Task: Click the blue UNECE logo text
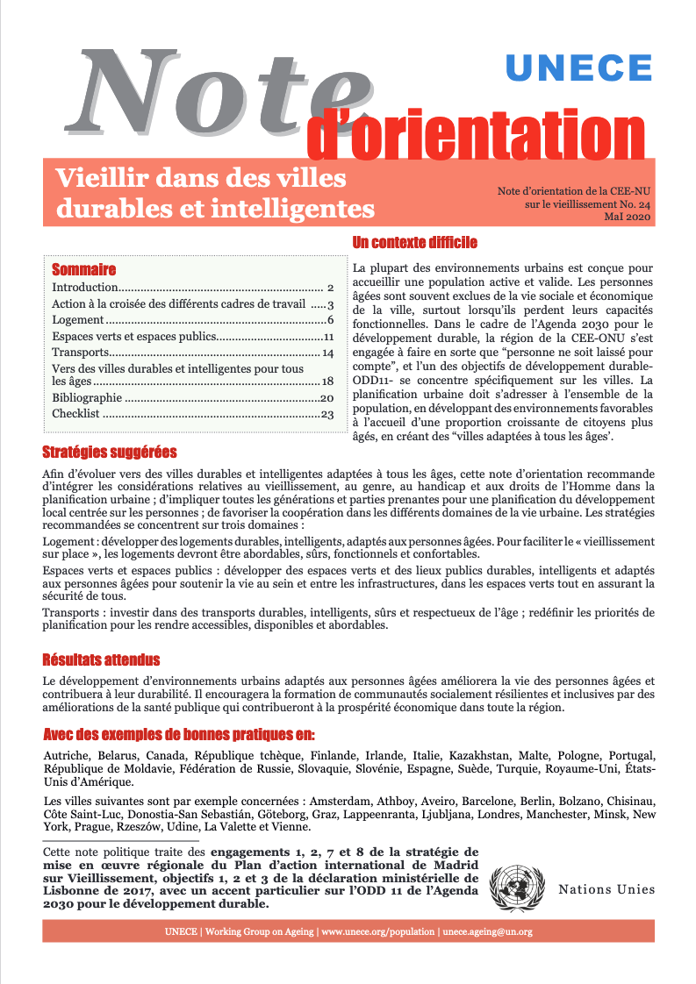[x=579, y=68]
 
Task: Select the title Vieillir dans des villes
[x=201, y=179]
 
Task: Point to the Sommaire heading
[x=84, y=269]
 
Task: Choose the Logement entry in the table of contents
[x=78, y=320]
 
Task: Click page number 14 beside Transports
[x=328, y=353]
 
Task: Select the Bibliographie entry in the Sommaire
[x=87, y=397]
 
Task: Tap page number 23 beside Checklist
[x=328, y=414]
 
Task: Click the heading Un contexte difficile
[x=414, y=242]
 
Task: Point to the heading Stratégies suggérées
[x=110, y=453]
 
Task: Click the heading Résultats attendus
[x=101, y=660]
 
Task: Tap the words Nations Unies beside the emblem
[x=606, y=889]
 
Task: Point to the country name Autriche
[x=66, y=756]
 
